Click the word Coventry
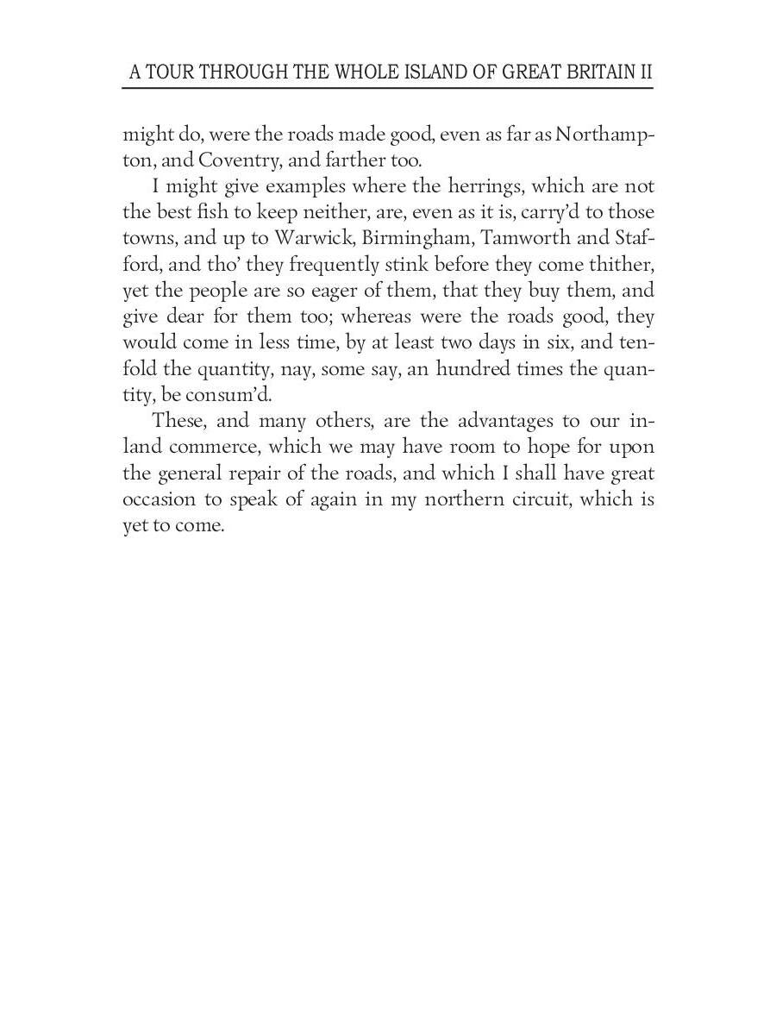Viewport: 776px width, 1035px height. pyautogui.click(x=238, y=160)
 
